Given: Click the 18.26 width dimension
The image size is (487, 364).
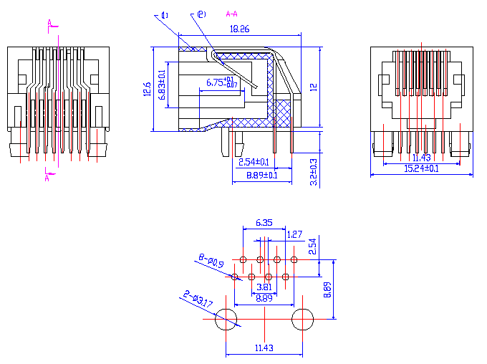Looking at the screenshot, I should (239, 29).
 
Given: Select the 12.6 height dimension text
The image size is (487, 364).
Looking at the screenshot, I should (147, 90).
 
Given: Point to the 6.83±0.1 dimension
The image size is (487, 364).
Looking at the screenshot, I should (162, 84).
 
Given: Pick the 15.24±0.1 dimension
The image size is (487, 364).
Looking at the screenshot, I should (421, 168).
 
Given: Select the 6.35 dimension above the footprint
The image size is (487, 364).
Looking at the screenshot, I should (264, 224).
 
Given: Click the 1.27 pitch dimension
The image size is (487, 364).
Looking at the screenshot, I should (294, 234).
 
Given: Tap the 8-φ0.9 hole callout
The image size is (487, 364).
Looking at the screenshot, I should (211, 261).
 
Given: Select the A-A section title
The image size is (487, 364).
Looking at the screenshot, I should (232, 14).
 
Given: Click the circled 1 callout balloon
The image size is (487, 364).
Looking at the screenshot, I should (165, 15).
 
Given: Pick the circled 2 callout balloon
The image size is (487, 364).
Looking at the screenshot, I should (201, 14).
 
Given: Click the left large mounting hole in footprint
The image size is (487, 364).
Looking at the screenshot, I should (226, 320).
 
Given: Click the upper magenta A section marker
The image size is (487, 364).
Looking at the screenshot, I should (49, 23).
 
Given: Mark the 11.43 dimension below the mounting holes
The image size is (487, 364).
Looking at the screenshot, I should (264, 348).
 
